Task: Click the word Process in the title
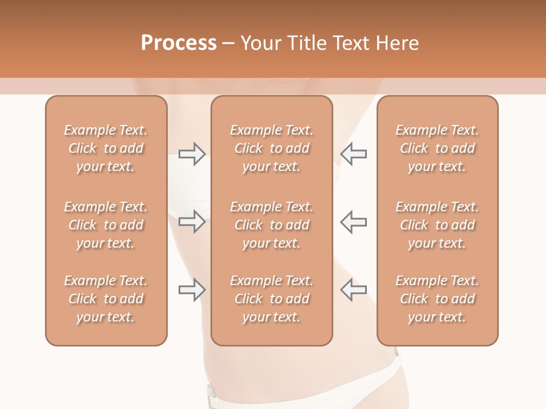pyautogui.click(x=179, y=43)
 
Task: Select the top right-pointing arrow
pyautogui.click(x=192, y=154)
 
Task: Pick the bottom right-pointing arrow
pyautogui.click(x=192, y=290)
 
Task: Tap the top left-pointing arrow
pyautogui.click(x=353, y=154)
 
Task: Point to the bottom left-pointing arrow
pyautogui.click(x=353, y=290)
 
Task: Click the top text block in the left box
pyautogui.click(x=106, y=148)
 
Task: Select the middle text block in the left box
pyautogui.click(x=106, y=225)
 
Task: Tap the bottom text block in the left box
pyautogui.click(x=106, y=299)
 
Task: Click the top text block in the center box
pyautogui.click(x=271, y=148)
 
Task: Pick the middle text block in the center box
pyautogui.click(x=271, y=225)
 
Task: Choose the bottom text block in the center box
pyautogui.click(x=271, y=299)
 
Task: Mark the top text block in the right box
pyautogui.click(x=437, y=148)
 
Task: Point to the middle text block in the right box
pyautogui.click(x=437, y=225)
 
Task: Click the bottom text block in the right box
pyautogui.click(x=437, y=299)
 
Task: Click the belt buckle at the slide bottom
pyautogui.click(x=212, y=391)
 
